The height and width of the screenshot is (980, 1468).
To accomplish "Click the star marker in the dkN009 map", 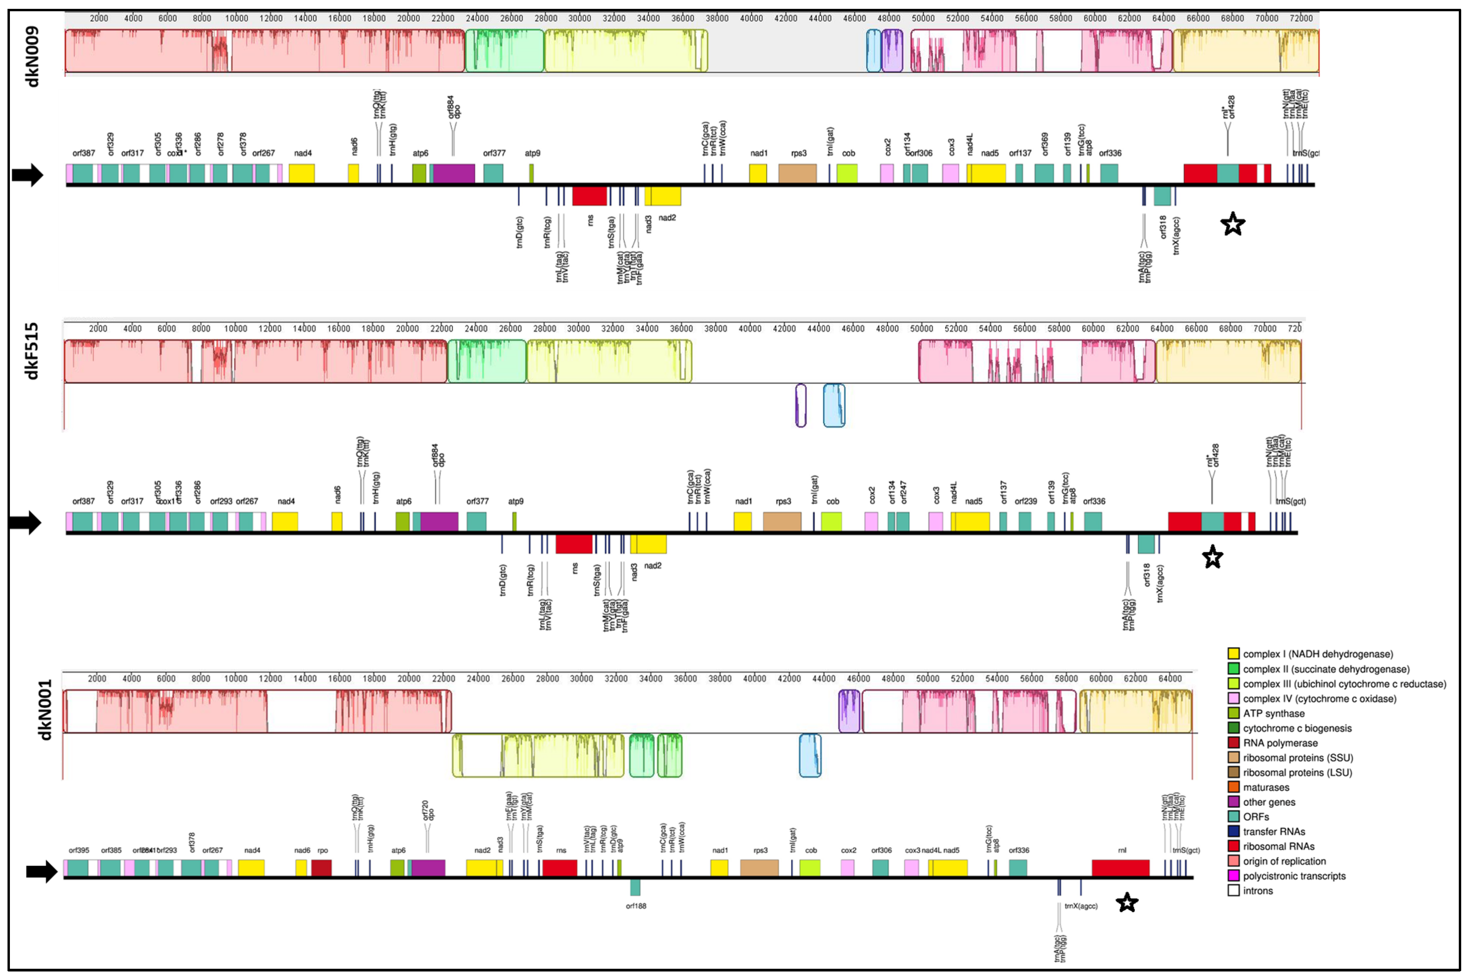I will (x=1232, y=224).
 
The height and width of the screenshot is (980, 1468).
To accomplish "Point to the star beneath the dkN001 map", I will (x=1126, y=903).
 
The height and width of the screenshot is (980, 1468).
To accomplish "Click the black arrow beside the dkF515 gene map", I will (x=25, y=522).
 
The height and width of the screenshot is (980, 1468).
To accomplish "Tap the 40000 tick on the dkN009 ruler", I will (x=751, y=18).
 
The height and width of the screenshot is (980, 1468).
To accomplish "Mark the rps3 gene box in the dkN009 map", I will (x=797, y=174).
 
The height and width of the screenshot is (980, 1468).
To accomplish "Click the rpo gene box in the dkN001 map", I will (x=321, y=868).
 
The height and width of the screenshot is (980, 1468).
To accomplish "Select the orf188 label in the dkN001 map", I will (x=636, y=906).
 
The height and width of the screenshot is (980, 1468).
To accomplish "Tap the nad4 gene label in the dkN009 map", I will (x=303, y=153).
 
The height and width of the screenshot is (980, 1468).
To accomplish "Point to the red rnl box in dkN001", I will (x=1120, y=868).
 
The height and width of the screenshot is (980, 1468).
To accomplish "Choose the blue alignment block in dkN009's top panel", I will (x=874, y=51).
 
